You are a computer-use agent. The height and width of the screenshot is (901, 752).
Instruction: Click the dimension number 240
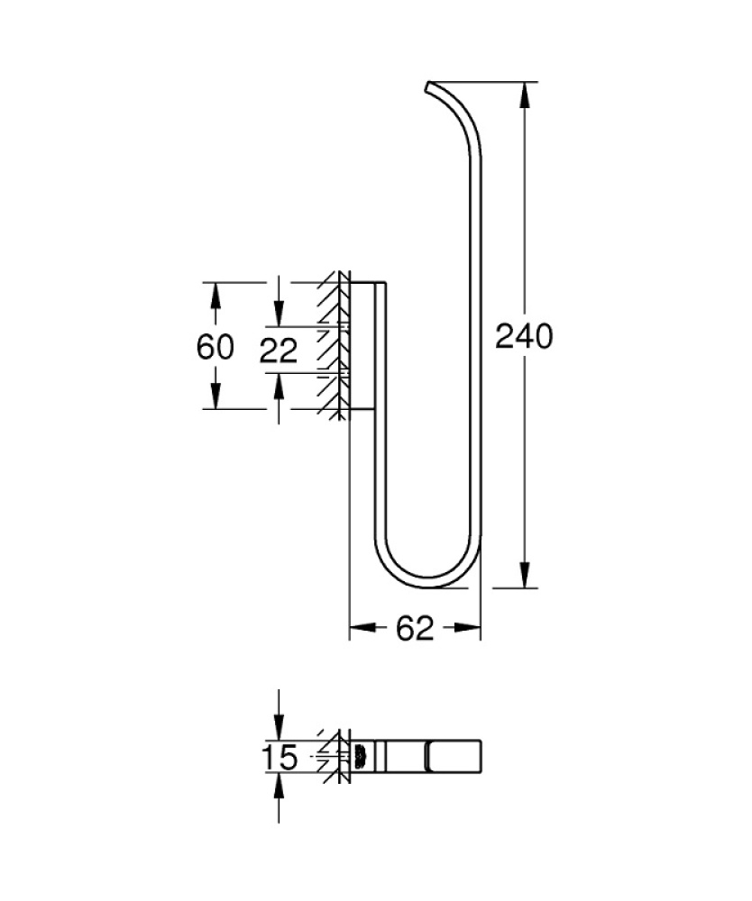tap(523, 336)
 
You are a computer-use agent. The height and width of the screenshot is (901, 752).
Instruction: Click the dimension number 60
tap(216, 346)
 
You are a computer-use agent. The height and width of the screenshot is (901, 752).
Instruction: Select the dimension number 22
tap(278, 350)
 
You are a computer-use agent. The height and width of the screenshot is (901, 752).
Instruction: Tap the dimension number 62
tap(415, 629)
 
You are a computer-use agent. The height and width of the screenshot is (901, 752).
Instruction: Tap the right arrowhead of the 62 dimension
tap(468, 629)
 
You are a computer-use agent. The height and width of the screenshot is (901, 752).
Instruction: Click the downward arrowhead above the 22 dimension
tap(279, 314)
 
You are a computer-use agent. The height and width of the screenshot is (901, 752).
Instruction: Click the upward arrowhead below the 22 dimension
tap(279, 386)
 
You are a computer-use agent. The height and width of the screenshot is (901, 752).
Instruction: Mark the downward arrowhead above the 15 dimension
tap(279, 729)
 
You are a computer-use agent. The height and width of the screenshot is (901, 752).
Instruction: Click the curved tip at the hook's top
tap(431, 88)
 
